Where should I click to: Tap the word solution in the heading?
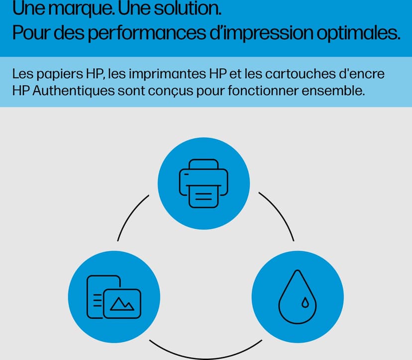(188, 8)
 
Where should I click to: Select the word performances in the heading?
(147, 33)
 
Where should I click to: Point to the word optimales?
(358, 33)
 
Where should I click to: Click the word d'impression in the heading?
(261, 33)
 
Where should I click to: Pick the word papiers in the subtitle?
(60, 74)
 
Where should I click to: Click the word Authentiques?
(74, 91)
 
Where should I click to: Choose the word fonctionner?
(263, 91)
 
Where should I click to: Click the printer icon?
(204, 184)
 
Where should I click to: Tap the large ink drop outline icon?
(298, 297)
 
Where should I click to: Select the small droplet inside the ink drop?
(305, 302)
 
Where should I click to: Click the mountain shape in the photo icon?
(122, 304)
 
